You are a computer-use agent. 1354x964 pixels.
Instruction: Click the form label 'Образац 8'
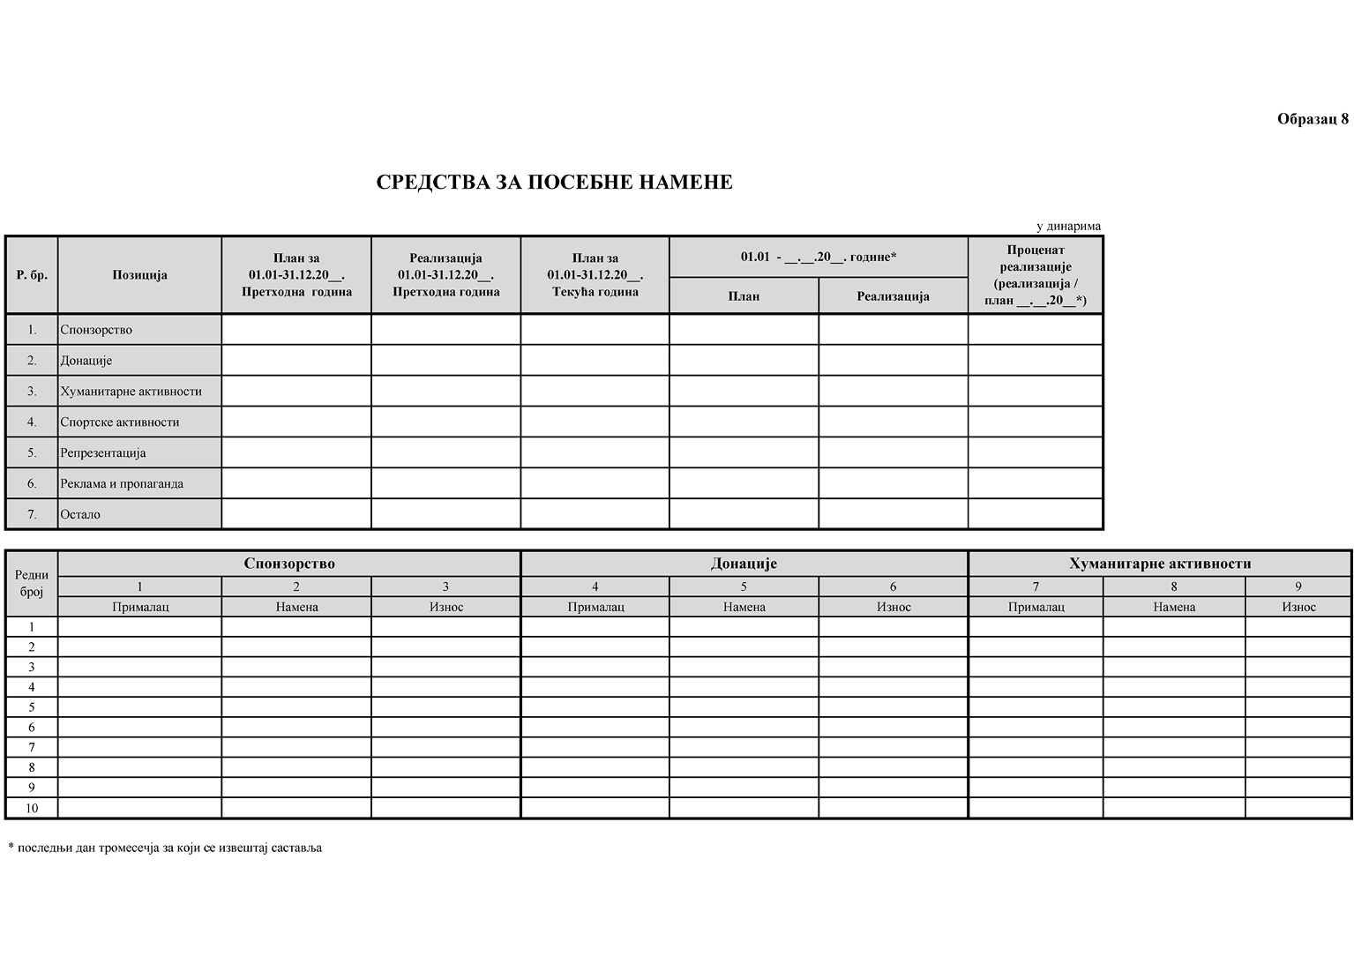pyautogui.click(x=1313, y=120)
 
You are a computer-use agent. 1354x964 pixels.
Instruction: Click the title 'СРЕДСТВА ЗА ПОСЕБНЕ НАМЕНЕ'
pyautogui.click(x=554, y=183)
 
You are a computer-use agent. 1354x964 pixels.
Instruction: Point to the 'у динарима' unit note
pyautogui.click(x=1068, y=227)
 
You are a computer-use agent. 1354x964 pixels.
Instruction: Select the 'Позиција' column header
pyautogui.click(x=139, y=275)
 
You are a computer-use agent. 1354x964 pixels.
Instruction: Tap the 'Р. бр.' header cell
pyautogui.click(x=32, y=275)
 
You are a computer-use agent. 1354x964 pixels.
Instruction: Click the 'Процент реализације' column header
pyautogui.click(x=1036, y=275)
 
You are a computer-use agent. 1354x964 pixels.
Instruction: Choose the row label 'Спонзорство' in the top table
pyautogui.click(x=96, y=330)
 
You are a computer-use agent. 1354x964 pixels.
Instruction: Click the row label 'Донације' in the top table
pyautogui.click(x=86, y=361)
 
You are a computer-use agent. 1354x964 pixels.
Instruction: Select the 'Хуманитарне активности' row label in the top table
pyautogui.click(x=131, y=392)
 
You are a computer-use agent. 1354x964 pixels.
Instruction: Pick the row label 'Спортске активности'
pyautogui.click(x=120, y=422)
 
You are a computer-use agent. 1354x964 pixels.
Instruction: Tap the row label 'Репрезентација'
pyautogui.click(x=103, y=453)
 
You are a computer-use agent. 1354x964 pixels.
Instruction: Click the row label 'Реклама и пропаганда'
pyautogui.click(x=122, y=484)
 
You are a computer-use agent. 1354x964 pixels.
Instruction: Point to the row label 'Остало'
pyautogui.click(x=80, y=515)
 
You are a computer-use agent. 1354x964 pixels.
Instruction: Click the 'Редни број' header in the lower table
pyautogui.click(x=32, y=584)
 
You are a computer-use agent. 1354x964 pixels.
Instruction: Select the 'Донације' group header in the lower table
pyautogui.click(x=744, y=564)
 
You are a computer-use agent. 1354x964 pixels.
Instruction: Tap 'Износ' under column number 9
pyautogui.click(x=1298, y=607)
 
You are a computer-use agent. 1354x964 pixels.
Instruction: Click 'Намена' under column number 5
pyautogui.click(x=744, y=607)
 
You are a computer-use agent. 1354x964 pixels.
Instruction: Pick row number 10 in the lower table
pyautogui.click(x=32, y=808)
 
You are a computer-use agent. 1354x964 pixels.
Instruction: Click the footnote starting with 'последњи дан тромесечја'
pyautogui.click(x=165, y=848)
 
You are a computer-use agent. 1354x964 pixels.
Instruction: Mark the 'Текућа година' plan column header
pyautogui.click(x=595, y=275)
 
